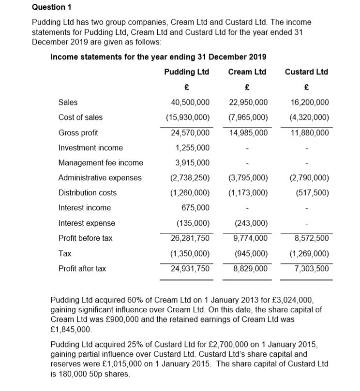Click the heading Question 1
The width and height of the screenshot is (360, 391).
(x=51, y=7)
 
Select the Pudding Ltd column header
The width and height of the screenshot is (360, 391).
(x=186, y=72)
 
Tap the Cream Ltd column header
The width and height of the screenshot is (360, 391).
(x=247, y=72)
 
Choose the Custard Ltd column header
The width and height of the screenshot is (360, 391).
(x=306, y=72)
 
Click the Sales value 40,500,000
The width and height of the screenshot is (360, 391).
(x=190, y=102)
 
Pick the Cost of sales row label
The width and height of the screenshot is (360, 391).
(x=80, y=117)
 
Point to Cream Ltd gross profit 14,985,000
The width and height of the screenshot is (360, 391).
(x=248, y=132)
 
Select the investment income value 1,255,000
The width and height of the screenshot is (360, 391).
(x=193, y=147)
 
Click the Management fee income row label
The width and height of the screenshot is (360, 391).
(x=101, y=163)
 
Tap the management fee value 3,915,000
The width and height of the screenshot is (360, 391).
(x=193, y=163)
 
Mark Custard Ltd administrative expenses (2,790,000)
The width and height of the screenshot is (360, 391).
(x=309, y=178)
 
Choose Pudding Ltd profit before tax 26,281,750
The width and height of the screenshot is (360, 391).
(x=190, y=238)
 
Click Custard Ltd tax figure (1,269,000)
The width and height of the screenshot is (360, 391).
(x=309, y=253)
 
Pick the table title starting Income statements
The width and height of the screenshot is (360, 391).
(x=158, y=57)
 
